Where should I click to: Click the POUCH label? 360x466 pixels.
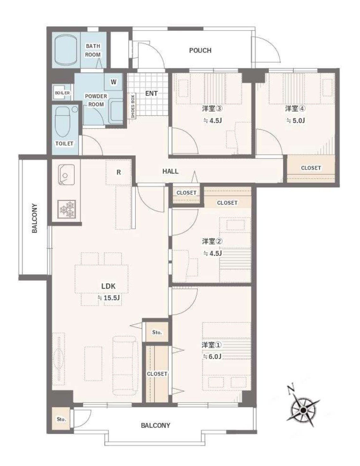200,50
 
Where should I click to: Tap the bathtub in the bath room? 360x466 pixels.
66,50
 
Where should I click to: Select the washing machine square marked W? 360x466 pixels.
114,82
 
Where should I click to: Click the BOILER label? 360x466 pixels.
62,93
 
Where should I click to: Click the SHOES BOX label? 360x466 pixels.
133,106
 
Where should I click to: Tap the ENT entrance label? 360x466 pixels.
152,94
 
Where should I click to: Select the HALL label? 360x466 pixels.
170,171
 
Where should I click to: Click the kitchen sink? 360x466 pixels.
66,175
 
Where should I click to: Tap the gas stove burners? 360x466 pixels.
66,209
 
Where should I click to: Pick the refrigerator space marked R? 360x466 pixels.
118,172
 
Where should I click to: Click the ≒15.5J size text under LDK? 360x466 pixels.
109,298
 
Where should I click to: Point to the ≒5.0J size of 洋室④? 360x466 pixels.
295,120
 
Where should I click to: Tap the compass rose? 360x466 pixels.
303,410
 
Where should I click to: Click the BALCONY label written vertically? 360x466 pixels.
34,218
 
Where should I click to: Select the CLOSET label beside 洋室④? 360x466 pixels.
311,168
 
